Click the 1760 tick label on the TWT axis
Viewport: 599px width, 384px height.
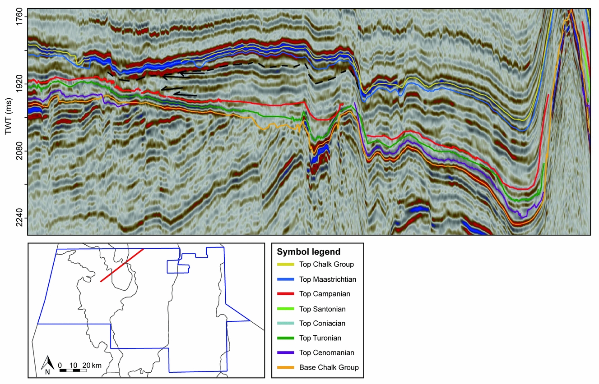pyautogui.click(x=20, y=17)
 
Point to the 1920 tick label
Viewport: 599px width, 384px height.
pyautogui.click(x=20, y=84)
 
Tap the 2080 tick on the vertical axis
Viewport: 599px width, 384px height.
pyautogui.click(x=20, y=151)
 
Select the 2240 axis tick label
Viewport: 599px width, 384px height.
pyautogui.click(x=20, y=218)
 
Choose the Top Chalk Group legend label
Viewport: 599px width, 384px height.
pyautogui.click(x=326, y=265)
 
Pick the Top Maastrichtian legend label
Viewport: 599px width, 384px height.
pyautogui.click(x=327, y=279)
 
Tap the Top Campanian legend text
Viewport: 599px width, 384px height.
pyautogui.click(x=324, y=294)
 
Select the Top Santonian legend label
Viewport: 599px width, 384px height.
pyautogui.click(x=322, y=309)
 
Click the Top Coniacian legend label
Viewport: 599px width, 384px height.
pyautogui.click(x=322, y=323)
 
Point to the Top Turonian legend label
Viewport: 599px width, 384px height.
pyautogui.click(x=320, y=338)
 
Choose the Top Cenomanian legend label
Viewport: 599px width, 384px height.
pyautogui.click(x=326, y=353)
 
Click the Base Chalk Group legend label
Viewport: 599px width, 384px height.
pyautogui.click(x=329, y=367)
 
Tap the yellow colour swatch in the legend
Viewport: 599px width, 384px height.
pyautogui.click(x=285, y=265)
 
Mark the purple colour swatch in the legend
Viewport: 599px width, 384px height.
pyautogui.click(x=285, y=353)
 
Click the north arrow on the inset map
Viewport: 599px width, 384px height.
pyautogui.click(x=48, y=364)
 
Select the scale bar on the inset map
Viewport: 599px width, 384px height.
pyautogui.click(x=73, y=370)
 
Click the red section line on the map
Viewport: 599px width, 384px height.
pyautogui.click(x=122, y=265)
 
